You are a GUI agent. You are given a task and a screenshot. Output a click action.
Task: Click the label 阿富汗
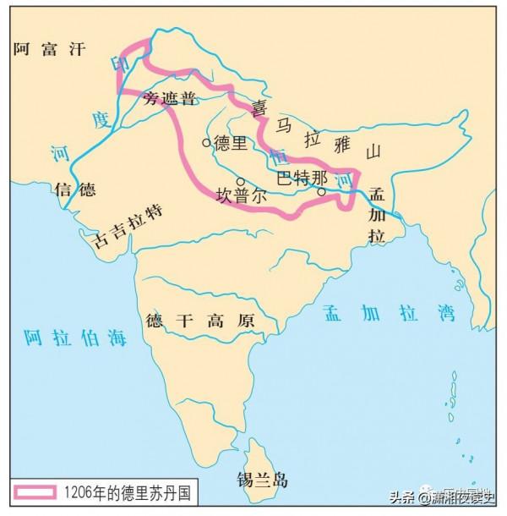(50, 49)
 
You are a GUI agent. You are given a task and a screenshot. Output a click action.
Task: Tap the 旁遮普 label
(170, 98)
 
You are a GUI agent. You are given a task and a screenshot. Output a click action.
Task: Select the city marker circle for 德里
(206, 143)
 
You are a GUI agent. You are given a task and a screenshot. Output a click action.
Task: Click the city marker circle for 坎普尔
(240, 181)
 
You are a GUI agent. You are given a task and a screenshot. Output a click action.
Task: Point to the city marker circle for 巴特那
(321, 192)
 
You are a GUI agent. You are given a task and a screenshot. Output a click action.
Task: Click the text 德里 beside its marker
(230, 142)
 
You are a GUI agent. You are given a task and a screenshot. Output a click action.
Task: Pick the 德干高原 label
(200, 321)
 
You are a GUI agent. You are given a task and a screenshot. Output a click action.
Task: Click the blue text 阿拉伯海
(75, 336)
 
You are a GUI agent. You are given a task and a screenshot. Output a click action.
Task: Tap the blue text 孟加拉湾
(388, 314)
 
